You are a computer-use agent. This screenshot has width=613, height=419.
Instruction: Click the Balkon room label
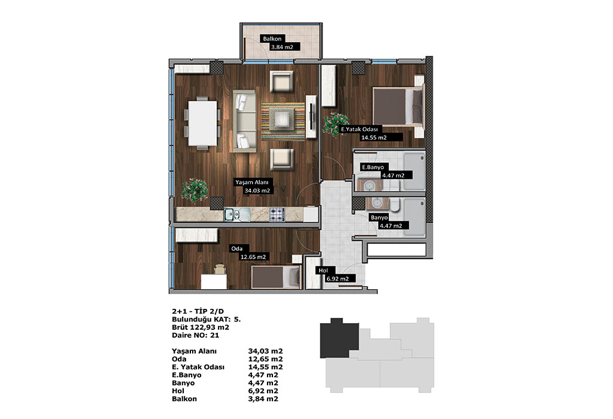[272, 39]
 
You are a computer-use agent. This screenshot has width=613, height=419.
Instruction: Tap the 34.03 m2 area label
[257, 191]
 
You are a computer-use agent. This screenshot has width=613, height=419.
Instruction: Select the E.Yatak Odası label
[359, 129]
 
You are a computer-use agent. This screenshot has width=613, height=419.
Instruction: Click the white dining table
[202, 123]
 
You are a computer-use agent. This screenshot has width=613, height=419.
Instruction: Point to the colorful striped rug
[283, 121]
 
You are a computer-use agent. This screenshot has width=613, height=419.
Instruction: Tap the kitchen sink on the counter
[236, 214]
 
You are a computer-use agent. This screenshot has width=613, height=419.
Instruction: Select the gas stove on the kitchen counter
[277, 214]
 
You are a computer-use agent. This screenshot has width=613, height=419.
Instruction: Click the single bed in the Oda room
[276, 277]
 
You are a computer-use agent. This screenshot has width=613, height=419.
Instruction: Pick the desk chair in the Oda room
[220, 269]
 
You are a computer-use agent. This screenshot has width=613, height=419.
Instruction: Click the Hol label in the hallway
[323, 271]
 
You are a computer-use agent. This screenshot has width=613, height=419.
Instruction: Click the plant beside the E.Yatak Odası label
[336, 125]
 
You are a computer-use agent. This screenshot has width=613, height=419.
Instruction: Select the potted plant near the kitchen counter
[195, 190]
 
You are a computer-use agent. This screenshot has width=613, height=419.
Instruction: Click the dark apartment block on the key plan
[339, 338]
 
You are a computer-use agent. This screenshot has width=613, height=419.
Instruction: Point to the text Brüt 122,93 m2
[201, 327]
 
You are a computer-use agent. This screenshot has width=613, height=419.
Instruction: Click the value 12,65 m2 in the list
[265, 359]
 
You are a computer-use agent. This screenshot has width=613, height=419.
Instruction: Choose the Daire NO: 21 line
[196, 335]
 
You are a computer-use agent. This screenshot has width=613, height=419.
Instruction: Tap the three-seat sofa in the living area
[245, 121]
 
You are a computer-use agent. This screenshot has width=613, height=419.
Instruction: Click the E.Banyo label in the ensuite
[373, 167]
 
